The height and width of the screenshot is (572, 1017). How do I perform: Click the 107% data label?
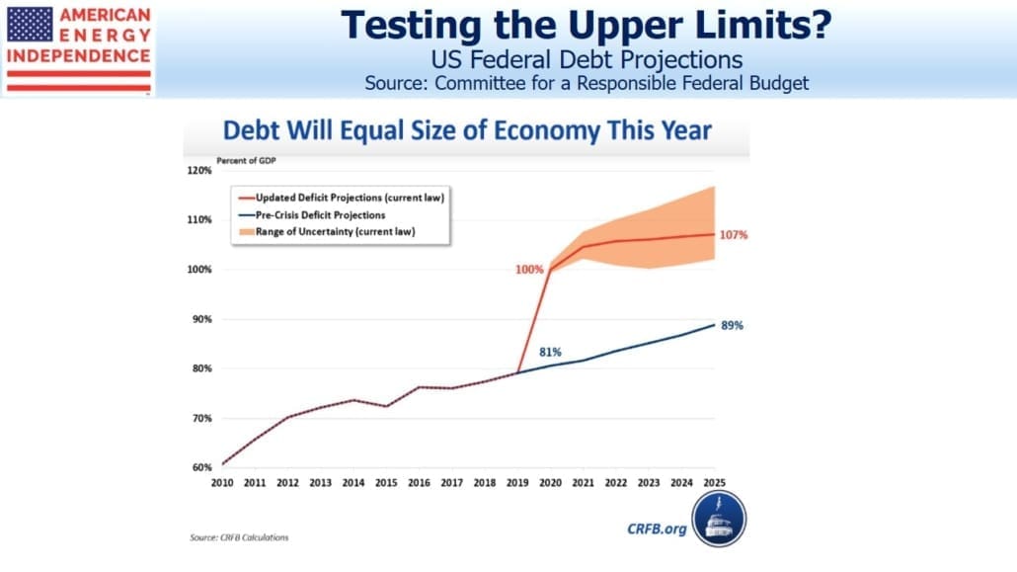734,235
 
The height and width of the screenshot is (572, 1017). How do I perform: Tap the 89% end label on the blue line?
733,325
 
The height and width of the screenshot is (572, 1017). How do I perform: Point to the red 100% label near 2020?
529,270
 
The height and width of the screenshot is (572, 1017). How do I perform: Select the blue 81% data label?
550,352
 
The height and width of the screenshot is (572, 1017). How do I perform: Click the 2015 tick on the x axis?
386,483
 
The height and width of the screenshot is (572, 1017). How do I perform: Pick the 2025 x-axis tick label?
714,483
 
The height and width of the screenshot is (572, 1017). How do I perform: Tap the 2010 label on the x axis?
222,483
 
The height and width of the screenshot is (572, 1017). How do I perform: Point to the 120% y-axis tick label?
199,170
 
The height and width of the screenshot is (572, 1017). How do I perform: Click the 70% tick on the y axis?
202,418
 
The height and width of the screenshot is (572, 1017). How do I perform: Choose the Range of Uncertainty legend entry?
327,232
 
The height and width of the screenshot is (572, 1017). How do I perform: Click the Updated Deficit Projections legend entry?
342,198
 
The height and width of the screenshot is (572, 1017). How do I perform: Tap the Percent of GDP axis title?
247,160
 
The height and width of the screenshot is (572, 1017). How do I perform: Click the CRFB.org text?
657,530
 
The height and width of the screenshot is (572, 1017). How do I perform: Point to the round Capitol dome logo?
719,519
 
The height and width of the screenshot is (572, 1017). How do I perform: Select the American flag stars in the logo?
30,24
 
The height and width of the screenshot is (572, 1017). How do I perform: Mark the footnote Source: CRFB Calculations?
239,537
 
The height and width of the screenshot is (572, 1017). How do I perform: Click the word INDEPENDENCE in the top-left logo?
78,56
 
